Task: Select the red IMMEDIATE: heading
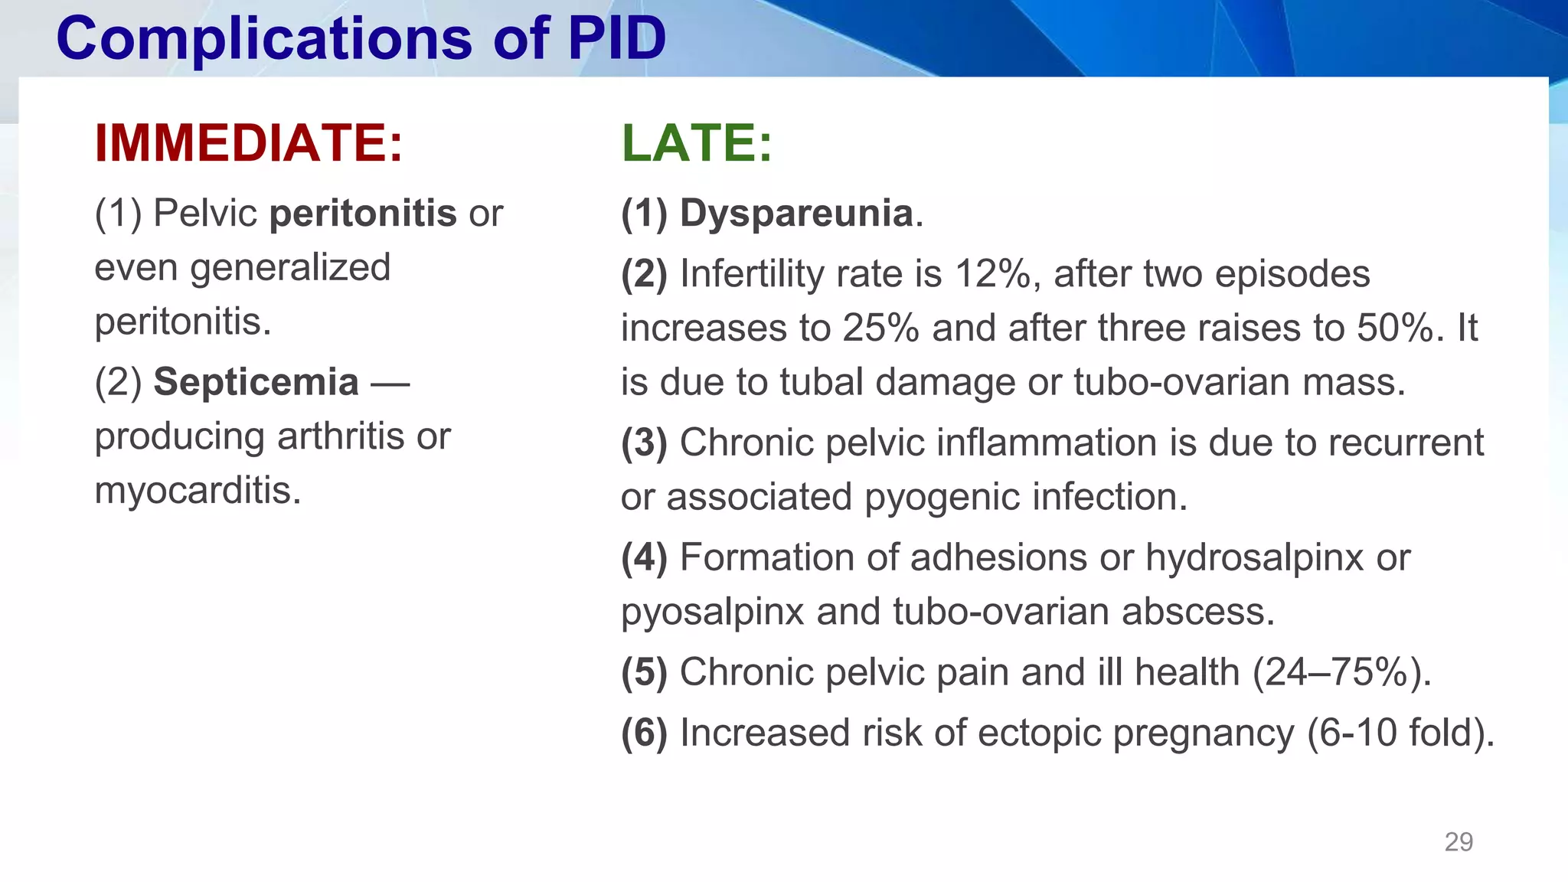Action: [x=248, y=143]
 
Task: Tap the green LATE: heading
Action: [x=697, y=143]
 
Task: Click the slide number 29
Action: [x=1458, y=841]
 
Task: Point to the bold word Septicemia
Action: [x=256, y=382]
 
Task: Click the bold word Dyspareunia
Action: [x=796, y=213]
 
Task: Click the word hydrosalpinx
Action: [x=1254, y=557]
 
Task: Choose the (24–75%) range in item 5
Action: [x=1341, y=672]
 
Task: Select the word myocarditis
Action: [x=198, y=491]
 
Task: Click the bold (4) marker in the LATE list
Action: [x=644, y=557]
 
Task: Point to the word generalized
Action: [x=290, y=268]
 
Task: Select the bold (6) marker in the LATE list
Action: [x=644, y=733]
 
